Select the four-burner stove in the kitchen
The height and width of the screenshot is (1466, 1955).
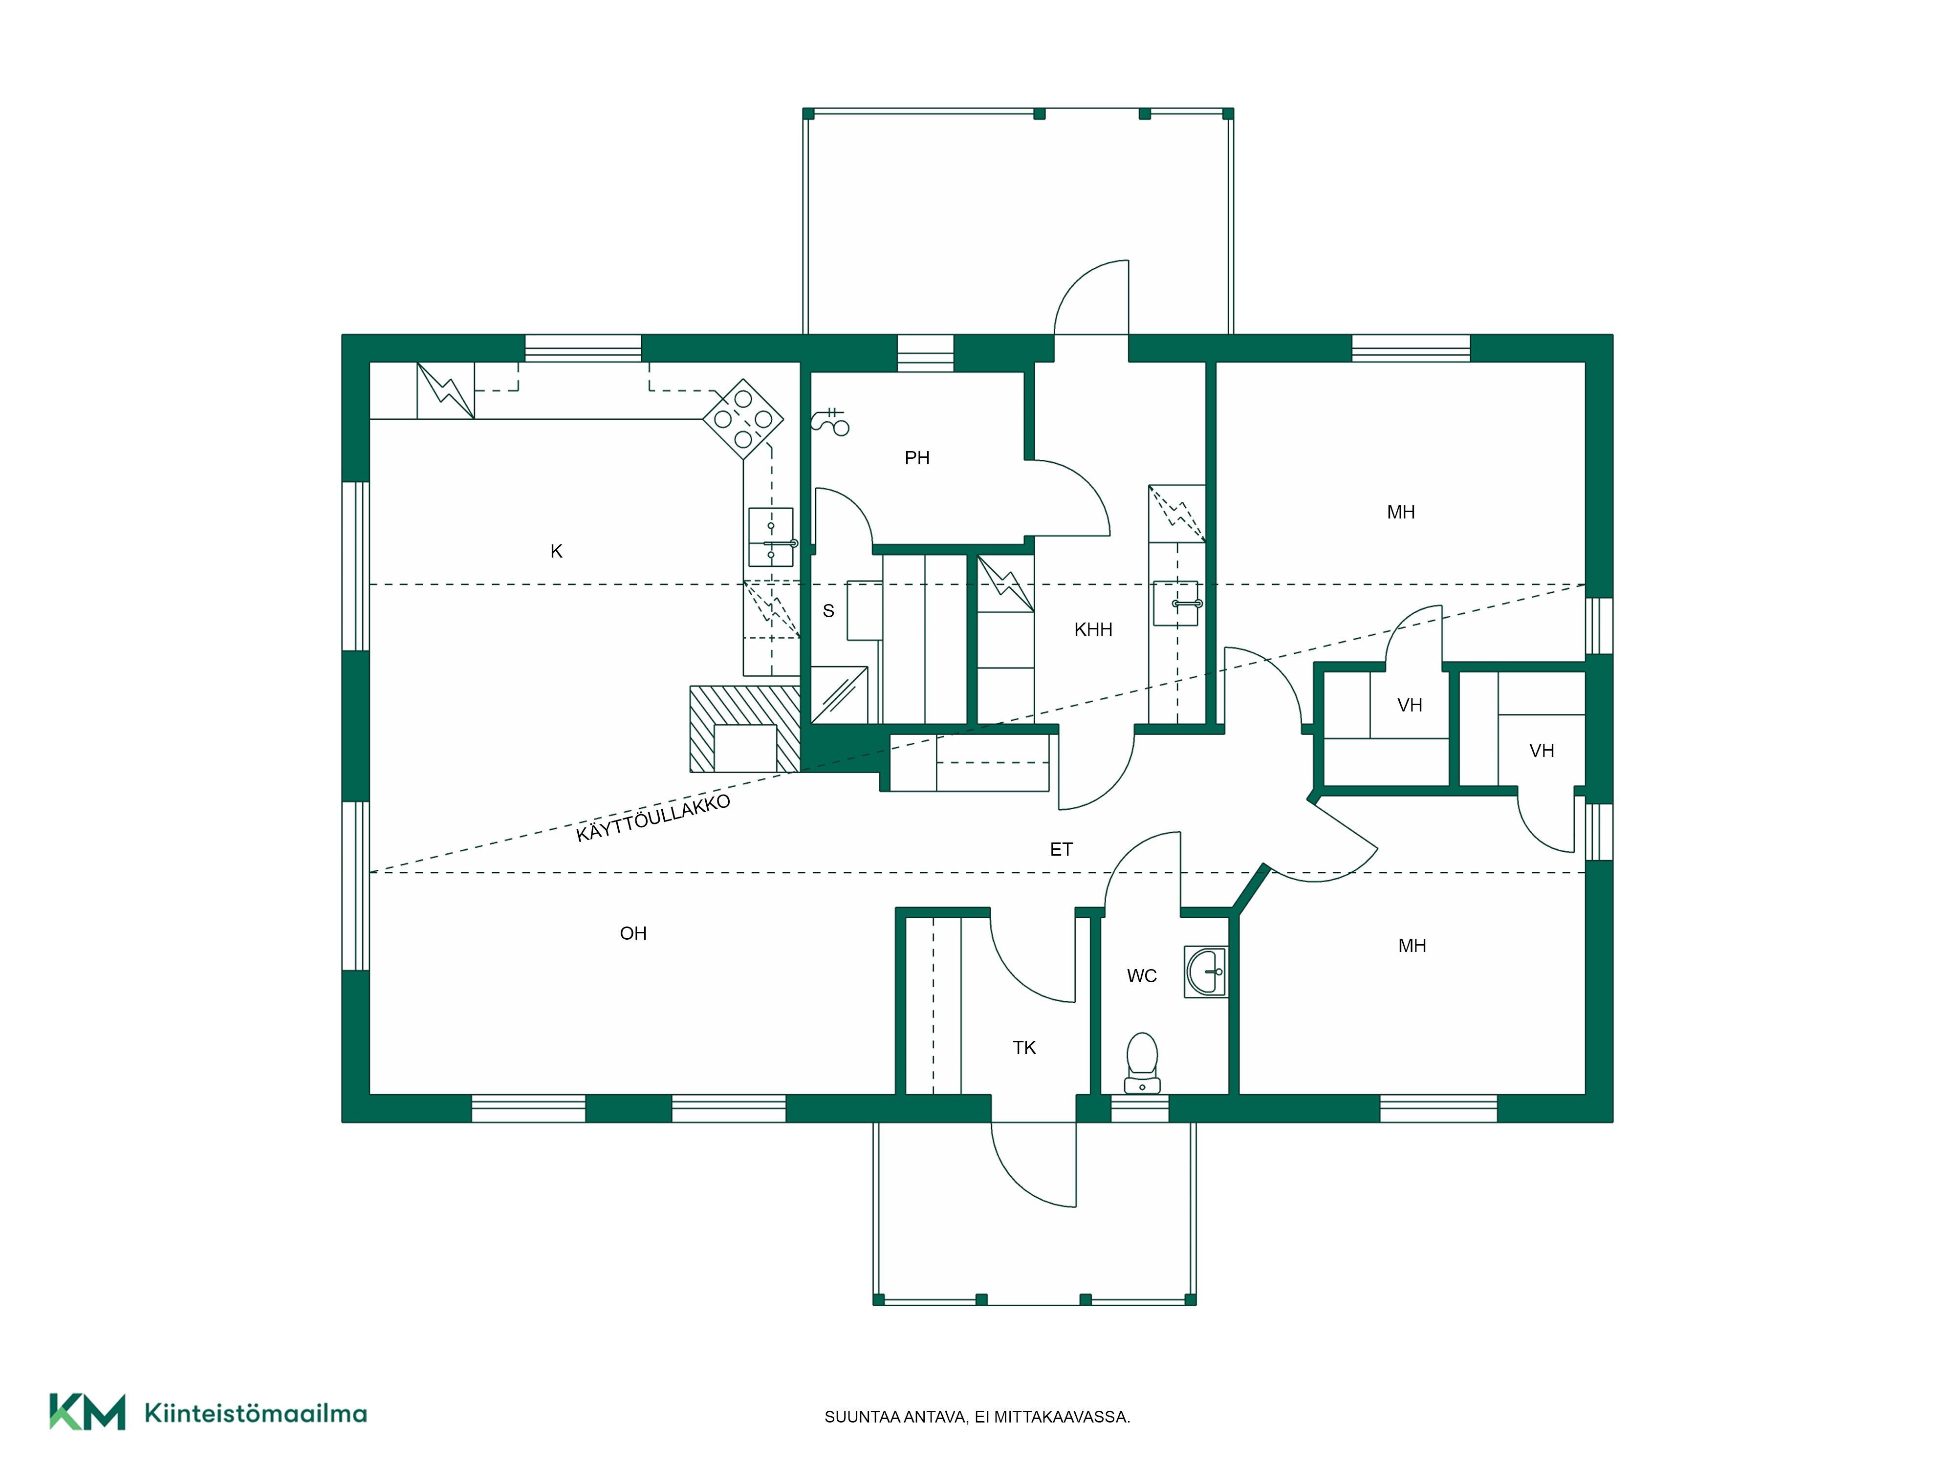coord(742,419)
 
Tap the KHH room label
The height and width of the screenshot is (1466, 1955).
coord(1093,629)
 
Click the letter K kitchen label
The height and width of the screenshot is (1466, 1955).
coord(556,551)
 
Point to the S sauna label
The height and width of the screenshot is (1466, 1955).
coord(828,611)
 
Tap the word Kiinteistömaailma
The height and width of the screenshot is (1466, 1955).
coord(256,1414)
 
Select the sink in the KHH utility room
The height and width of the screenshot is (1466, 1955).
coord(1176,603)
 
